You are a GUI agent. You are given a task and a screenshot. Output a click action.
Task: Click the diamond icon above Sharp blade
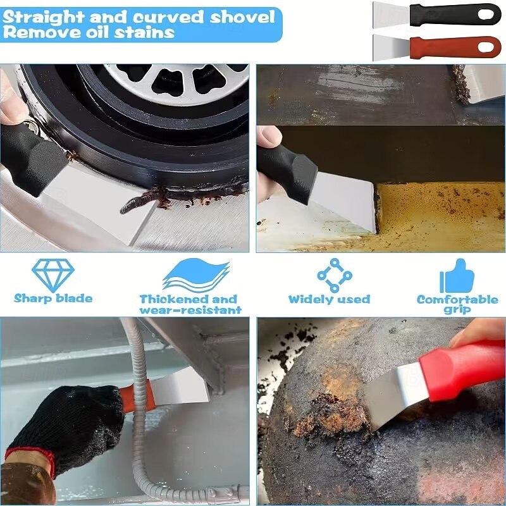tap(53, 275)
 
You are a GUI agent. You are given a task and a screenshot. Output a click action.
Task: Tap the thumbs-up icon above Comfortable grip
tap(457, 276)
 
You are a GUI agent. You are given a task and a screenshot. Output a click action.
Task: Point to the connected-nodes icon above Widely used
tap(335, 275)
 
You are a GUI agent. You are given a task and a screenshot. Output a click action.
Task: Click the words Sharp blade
tap(53, 299)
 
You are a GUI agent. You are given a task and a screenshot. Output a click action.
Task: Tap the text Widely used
tap(329, 299)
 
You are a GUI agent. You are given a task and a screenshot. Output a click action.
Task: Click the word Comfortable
tap(457, 299)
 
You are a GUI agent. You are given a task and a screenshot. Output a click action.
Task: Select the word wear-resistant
tap(190, 310)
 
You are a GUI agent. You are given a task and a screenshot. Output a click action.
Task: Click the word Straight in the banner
tap(43, 18)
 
